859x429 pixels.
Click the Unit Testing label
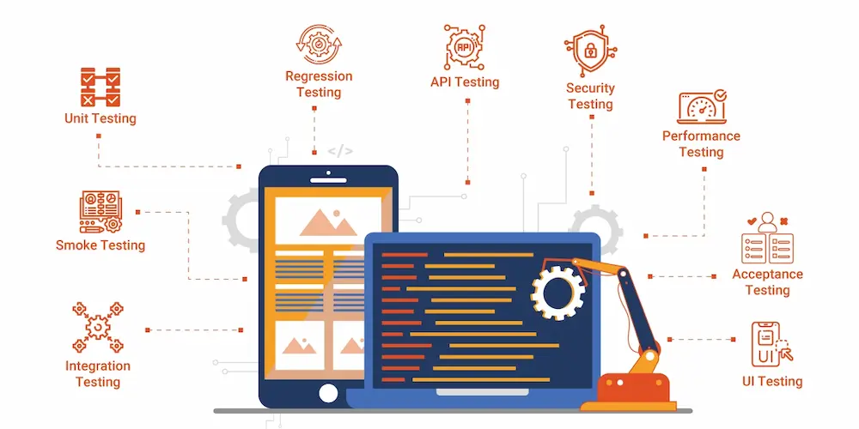[x=100, y=118]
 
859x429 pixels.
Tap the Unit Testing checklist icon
[x=100, y=88]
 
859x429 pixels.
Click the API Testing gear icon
[x=465, y=46]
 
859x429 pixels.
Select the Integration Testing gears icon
[x=98, y=326]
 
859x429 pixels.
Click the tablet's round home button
[x=328, y=392]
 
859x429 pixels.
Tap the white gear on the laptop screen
[x=557, y=292]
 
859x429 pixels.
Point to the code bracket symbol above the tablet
[x=340, y=151]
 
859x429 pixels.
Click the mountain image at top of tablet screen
[x=327, y=221]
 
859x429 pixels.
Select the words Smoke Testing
[x=101, y=245]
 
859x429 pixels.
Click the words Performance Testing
[x=701, y=144]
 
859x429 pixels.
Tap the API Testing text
[x=465, y=82]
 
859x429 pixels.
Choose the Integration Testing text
[x=98, y=373]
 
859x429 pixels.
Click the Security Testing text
[x=590, y=96]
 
